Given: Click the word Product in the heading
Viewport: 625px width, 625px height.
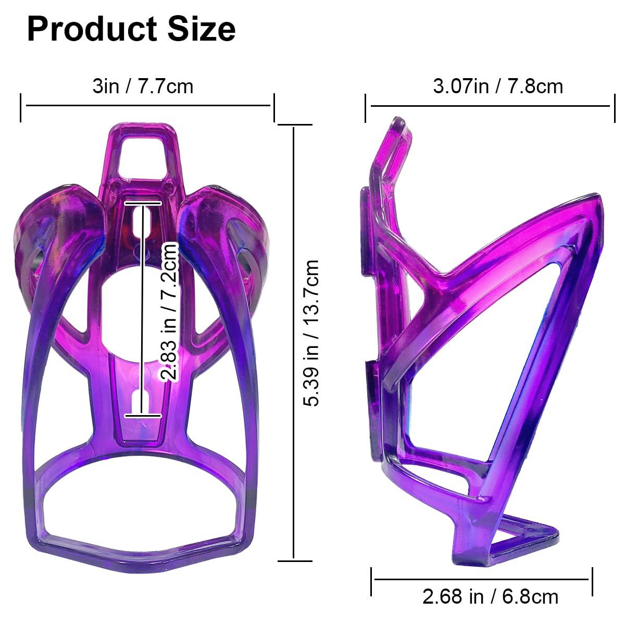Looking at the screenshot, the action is click(92, 30).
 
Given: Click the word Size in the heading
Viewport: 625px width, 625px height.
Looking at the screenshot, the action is click(202, 29).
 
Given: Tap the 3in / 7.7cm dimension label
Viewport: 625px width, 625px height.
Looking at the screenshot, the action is click(143, 86).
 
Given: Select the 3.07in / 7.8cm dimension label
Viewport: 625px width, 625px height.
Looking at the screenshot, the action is click(498, 86).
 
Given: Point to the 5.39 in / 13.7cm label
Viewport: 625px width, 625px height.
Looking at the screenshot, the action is click(311, 333).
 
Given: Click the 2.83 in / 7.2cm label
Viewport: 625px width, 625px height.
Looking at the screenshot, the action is click(169, 311).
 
